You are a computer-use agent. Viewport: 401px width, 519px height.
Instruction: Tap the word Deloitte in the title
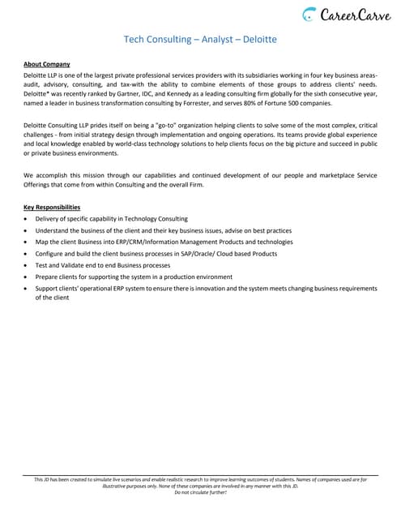pyautogui.click(x=257, y=38)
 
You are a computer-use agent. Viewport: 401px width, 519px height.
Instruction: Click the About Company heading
pyautogui.click(x=47, y=64)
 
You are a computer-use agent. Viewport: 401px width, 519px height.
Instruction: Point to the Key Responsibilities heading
pyautogui.click(x=52, y=207)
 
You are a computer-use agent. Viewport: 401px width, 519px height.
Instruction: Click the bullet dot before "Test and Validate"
pyautogui.click(x=27, y=265)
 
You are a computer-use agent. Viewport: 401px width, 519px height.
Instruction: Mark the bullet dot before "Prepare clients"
pyautogui.click(x=27, y=277)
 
